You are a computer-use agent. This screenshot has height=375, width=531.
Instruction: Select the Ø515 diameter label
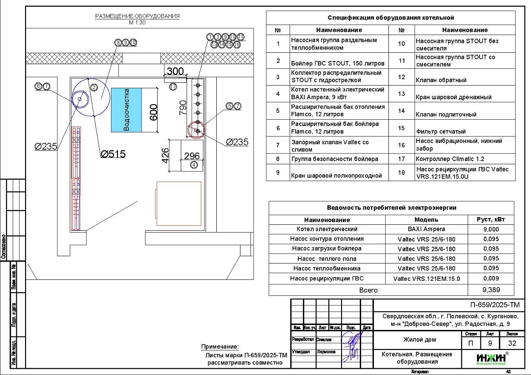[x=113, y=154]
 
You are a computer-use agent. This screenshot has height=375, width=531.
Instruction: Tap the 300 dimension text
[x=175, y=71]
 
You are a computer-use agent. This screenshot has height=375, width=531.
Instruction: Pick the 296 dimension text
[x=192, y=156]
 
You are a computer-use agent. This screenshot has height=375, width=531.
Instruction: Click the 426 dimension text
[x=166, y=156]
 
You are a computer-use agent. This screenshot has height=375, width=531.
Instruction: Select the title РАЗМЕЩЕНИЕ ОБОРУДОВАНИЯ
[x=137, y=16]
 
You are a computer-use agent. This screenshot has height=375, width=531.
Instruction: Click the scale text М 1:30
[x=137, y=22]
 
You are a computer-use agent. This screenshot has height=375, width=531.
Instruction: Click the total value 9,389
[x=491, y=289]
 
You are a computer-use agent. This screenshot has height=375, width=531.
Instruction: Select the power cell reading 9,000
[x=491, y=229]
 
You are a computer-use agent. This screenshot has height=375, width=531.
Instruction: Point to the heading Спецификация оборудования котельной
[x=391, y=18]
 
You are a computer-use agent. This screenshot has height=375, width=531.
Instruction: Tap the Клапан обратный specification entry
[x=441, y=80]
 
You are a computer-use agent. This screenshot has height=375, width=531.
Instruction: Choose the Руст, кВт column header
[x=491, y=219]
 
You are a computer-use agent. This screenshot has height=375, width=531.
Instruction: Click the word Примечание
[x=220, y=347]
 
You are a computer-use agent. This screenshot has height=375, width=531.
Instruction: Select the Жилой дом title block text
[x=419, y=340]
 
